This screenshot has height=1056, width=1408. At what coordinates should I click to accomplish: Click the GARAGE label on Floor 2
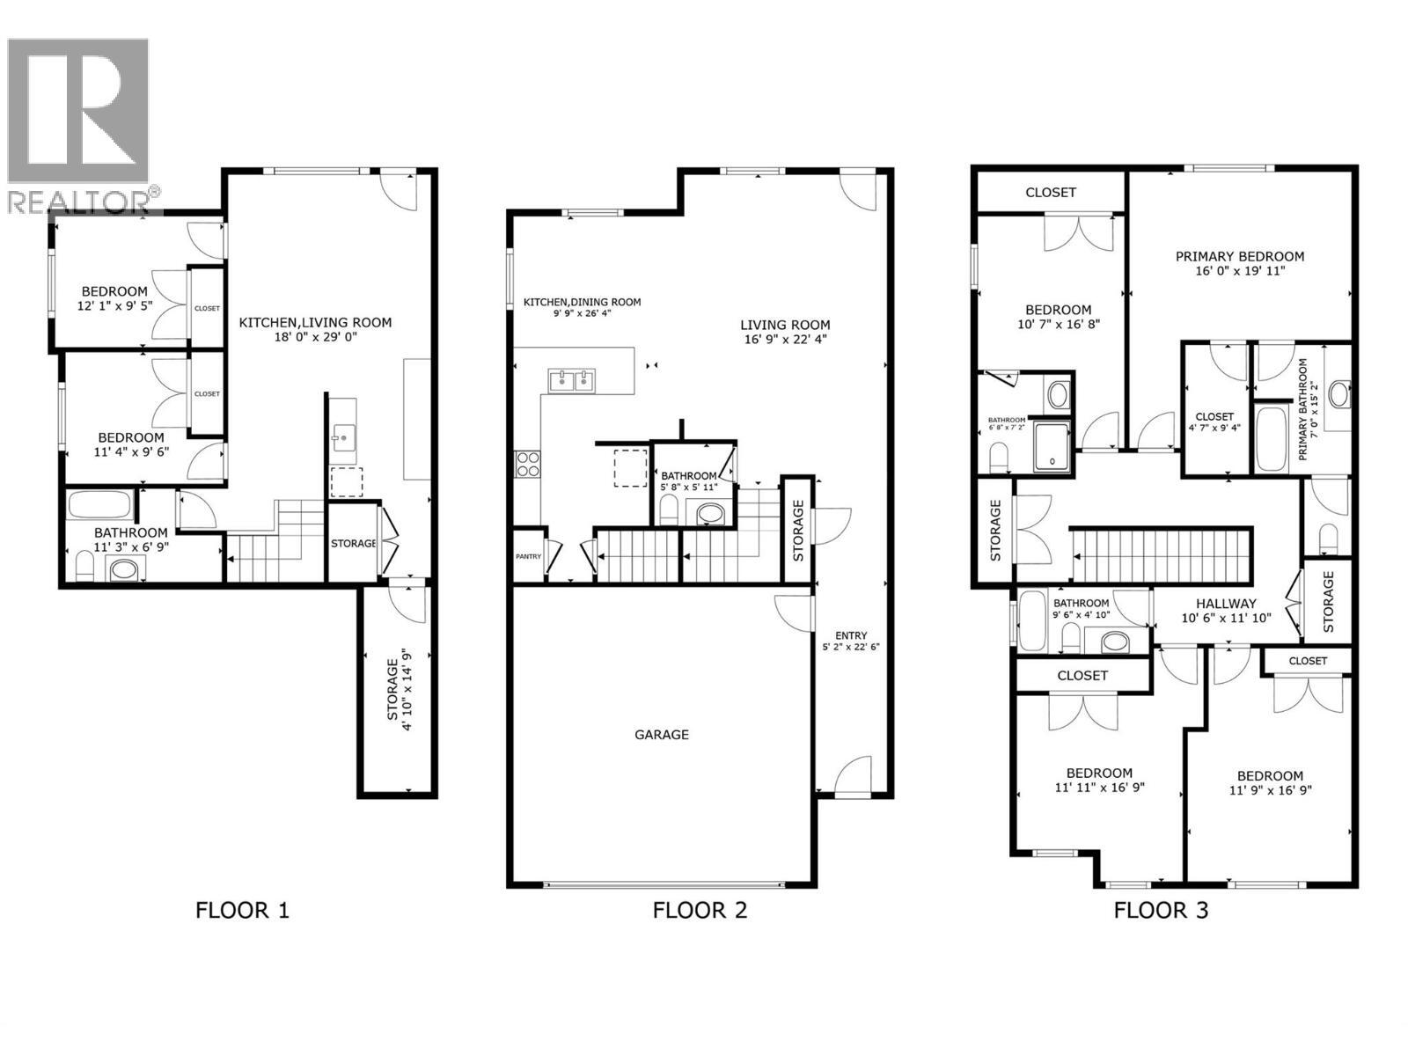click(661, 734)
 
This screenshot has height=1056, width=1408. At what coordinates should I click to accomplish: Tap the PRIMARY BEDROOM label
click(1239, 256)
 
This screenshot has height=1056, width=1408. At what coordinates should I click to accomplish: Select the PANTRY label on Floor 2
click(528, 556)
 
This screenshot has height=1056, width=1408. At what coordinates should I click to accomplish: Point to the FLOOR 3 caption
click(1160, 910)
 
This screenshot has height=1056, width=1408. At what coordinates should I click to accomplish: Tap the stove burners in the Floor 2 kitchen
click(527, 463)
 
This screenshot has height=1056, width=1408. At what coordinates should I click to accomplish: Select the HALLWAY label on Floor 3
click(1226, 604)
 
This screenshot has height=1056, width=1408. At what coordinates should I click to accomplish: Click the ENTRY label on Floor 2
click(851, 635)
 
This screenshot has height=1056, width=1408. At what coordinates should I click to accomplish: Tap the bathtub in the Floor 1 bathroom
click(99, 506)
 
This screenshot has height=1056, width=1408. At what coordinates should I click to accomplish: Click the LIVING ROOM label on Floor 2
click(785, 325)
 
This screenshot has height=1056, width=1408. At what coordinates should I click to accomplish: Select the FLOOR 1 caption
click(242, 910)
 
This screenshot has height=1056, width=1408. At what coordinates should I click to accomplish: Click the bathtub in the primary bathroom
click(1271, 438)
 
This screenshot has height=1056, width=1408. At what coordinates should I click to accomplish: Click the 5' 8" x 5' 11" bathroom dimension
click(689, 487)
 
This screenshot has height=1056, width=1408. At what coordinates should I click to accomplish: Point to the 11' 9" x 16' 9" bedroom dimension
click(1270, 789)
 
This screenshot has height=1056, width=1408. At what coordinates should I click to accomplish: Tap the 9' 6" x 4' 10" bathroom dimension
click(1082, 614)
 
